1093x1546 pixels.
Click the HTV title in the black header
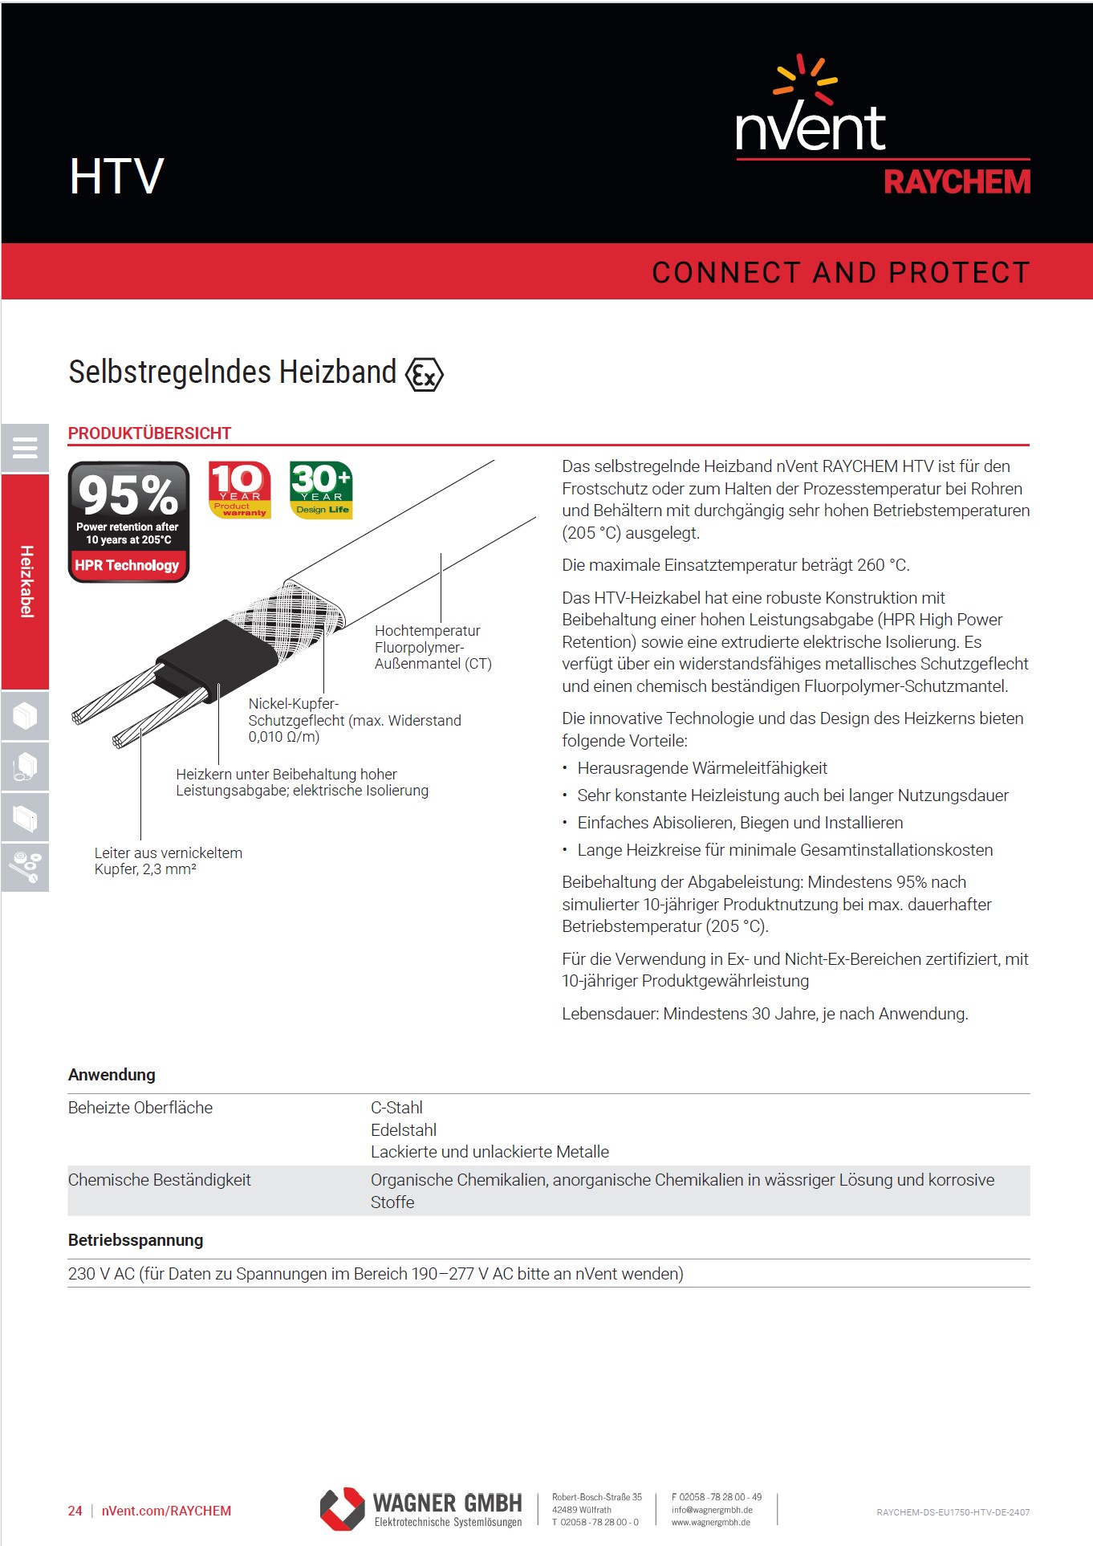pyautogui.click(x=116, y=177)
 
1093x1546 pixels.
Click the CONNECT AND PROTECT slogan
pyautogui.click(x=840, y=273)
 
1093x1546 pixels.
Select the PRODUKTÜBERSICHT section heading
pyautogui.click(x=149, y=433)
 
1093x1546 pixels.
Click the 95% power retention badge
pyautogui.click(x=128, y=522)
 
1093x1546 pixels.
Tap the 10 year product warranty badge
pyautogui.click(x=239, y=490)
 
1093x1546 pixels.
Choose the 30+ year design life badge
pyautogui.click(x=321, y=490)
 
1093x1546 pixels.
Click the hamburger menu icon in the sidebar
pyautogui.click(x=25, y=448)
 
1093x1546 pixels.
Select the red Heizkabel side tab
pyautogui.click(x=25, y=581)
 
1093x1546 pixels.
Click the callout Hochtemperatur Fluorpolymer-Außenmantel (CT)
pyautogui.click(x=433, y=647)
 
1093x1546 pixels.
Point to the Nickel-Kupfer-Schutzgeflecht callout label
pyautogui.click(x=354, y=720)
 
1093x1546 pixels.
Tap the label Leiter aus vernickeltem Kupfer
pyautogui.click(x=168, y=860)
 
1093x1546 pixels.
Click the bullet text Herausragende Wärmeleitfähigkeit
pyautogui.click(x=702, y=768)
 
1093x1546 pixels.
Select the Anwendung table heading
pyautogui.click(x=112, y=1075)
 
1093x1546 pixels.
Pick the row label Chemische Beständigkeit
pyautogui.click(x=159, y=1180)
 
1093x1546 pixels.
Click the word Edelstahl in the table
pyautogui.click(x=404, y=1130)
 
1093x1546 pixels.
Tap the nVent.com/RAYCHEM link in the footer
pyautogui.click(x=166, y=1511)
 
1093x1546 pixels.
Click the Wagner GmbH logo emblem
pyautogui.click(x=343, y=1509)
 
